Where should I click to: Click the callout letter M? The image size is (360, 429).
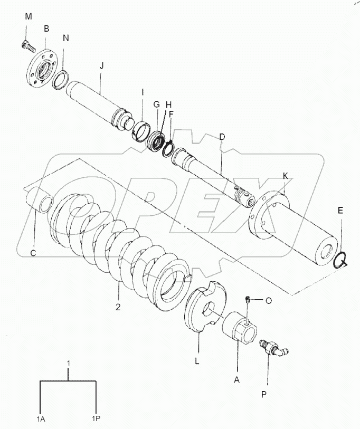28,17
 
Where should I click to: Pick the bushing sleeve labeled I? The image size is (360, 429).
140,129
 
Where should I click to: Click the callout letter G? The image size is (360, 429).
156,104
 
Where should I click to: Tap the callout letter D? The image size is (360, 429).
222,137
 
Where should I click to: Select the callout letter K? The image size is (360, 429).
285,175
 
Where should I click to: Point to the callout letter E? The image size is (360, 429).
340,210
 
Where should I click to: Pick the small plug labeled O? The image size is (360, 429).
248,300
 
